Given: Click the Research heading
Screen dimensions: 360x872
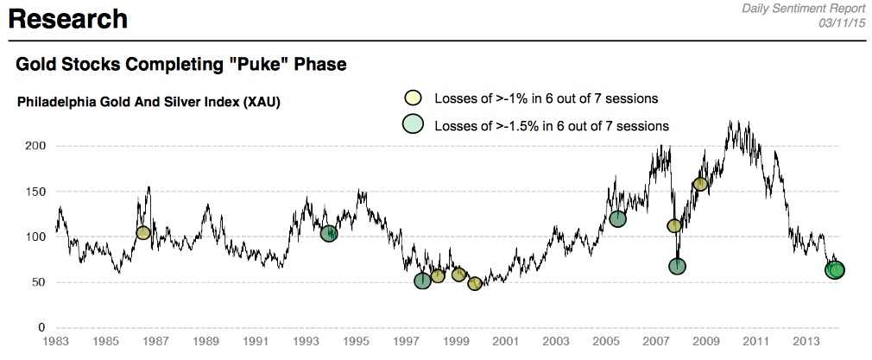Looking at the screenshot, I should (68, 18).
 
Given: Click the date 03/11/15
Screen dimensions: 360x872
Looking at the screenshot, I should (842, 22).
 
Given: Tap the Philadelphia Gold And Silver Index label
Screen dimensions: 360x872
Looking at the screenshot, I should (148, 103).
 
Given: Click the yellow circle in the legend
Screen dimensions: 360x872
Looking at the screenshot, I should (414, 97).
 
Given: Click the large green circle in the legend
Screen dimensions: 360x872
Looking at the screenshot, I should (415, 125).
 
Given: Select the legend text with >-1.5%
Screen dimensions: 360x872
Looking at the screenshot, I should (552, 126).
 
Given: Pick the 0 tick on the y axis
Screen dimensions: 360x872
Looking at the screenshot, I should (39, 328).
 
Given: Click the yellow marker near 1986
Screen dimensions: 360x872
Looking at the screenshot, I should (143, 233).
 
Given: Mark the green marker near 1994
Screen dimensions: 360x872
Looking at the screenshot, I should (329, 233).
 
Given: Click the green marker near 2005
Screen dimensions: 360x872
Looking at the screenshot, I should (617, 218).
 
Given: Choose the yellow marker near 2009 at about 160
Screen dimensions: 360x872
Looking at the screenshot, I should (700, 184).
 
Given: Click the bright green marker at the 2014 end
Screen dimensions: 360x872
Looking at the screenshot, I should (836, 270).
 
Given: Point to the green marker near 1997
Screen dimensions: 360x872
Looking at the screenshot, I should (422, 281).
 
